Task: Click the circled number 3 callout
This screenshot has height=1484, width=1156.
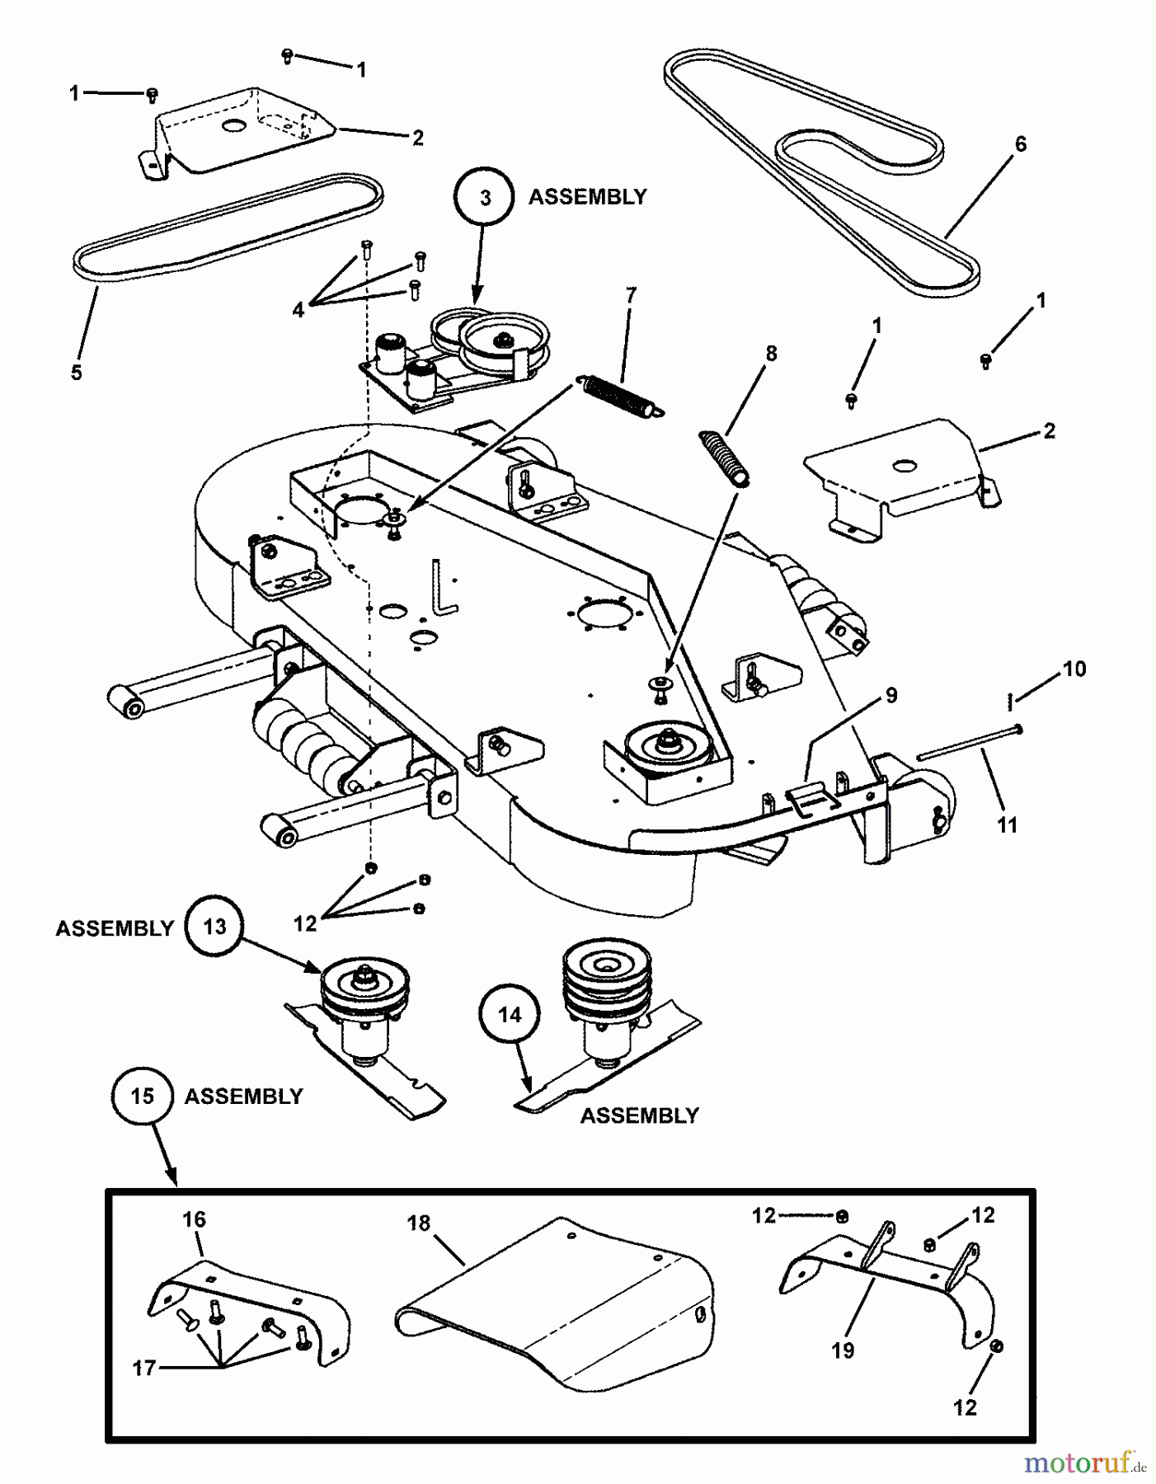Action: pos(485,198)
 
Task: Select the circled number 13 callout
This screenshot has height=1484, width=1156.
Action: pos(214,927)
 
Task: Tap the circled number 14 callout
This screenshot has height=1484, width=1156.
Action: pos(510,1015)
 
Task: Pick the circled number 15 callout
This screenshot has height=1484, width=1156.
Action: pos(142,1096)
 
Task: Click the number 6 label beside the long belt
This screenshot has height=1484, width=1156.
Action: pos(1020,144)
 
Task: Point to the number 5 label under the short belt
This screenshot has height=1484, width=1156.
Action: pos(76,373)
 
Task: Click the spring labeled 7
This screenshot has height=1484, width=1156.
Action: pos(620,394)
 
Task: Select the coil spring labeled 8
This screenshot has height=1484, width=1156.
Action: pos(726,458)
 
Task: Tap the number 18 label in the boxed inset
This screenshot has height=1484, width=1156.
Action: pos(419,1223)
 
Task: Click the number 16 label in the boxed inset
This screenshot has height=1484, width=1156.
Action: pos(194,1219)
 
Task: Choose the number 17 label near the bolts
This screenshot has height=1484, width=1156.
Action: pos(143,1368)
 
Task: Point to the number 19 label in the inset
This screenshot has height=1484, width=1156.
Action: pos(842,1350)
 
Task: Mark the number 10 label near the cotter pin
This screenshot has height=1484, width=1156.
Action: pos(1074,669)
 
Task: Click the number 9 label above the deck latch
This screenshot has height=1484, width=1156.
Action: pos(890,695)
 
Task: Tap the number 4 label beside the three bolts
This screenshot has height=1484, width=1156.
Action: pos(298,310)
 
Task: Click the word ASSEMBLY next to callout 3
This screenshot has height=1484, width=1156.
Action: pos(587,198)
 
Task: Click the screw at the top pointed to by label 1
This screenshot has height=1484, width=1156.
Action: pos(287,55)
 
